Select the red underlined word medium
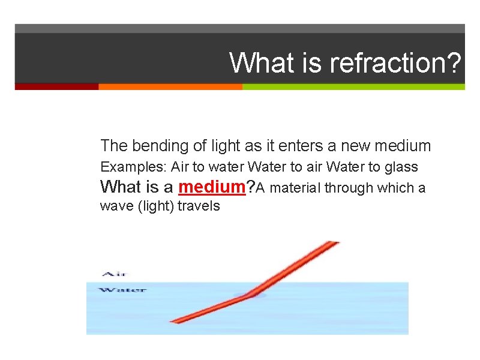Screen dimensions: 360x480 click(212, 187)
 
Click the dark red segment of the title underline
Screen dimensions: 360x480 click(56, 86)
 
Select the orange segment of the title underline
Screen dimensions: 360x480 click(170, 86)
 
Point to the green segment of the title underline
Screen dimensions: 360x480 click(353, 86)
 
